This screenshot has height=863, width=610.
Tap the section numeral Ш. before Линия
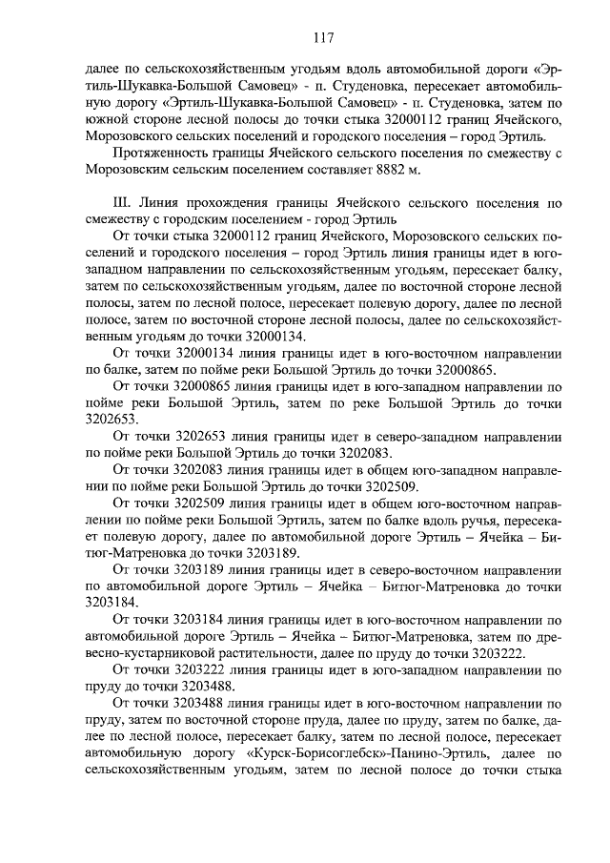click(x=120, y=204)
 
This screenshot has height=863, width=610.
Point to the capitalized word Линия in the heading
click(x=157, y=204)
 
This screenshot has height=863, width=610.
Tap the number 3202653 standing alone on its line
click(x=111, y=419)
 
